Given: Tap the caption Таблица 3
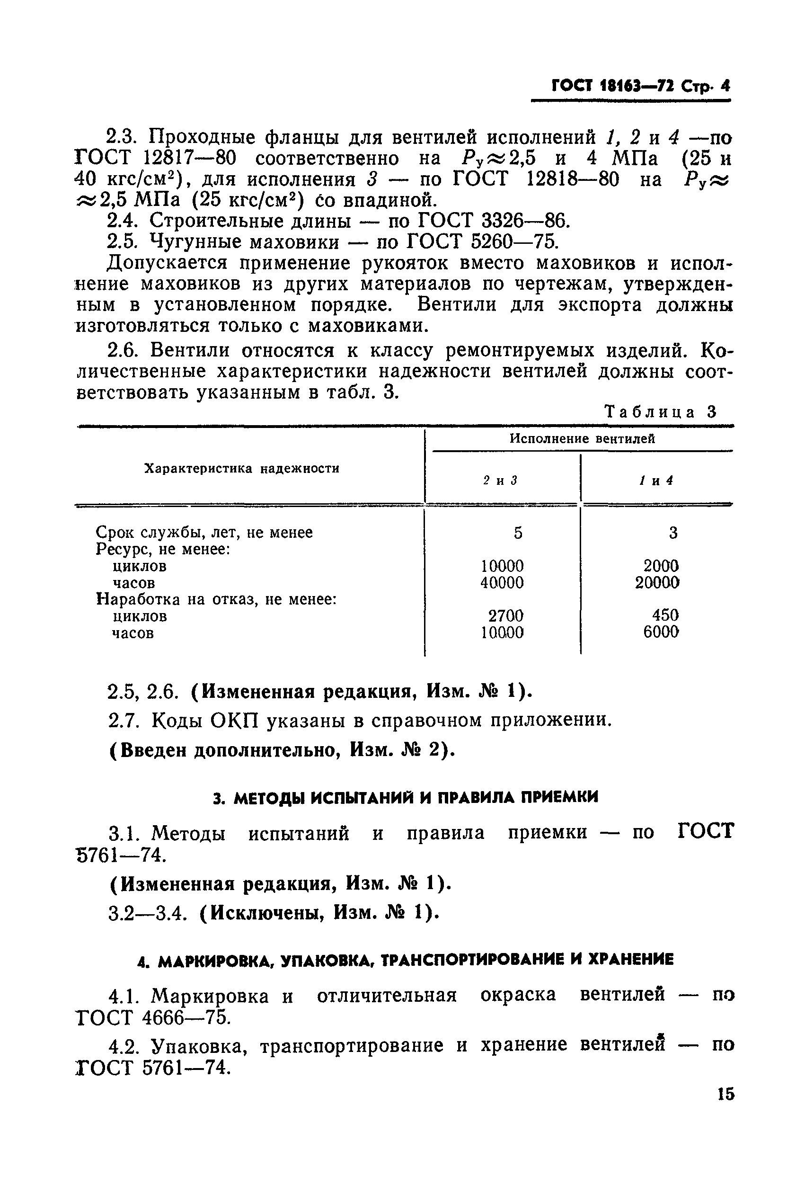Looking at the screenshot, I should [x=660, y=411].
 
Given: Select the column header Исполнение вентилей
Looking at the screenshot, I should [x=582, y=438].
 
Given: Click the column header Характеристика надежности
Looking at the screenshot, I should [x=242, y=468].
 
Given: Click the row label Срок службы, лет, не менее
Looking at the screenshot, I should [x=204, y=532].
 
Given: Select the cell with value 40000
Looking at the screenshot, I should [x=502, y=582].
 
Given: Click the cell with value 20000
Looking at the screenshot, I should [x=657, y=582].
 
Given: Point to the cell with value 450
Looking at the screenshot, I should [x=665, y=615].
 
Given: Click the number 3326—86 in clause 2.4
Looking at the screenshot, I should [x=523, y=221].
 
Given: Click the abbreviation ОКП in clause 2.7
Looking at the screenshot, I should [x=236, y=721].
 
